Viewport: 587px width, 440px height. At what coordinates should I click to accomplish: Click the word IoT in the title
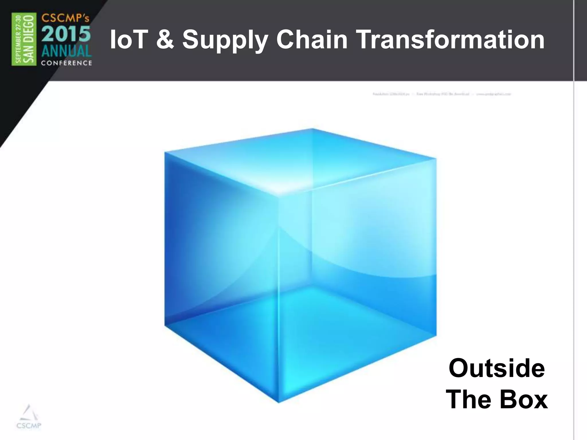(128, 40)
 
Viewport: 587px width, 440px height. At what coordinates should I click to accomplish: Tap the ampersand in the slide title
(165, 40)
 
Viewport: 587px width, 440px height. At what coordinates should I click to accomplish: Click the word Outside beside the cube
(496, 368)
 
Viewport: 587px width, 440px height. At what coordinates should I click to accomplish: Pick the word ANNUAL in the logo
(66, 52)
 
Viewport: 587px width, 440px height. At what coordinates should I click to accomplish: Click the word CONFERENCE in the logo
(66, 63)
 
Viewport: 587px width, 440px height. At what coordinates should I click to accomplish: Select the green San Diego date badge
(24, 39)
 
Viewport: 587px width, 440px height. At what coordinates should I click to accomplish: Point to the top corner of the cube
(312, 129)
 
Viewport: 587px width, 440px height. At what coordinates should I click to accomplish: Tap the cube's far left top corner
(165, 152)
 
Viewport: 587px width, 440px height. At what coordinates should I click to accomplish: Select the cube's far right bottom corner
(436, 335)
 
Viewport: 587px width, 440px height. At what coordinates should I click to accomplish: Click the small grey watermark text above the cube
(441, 94)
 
